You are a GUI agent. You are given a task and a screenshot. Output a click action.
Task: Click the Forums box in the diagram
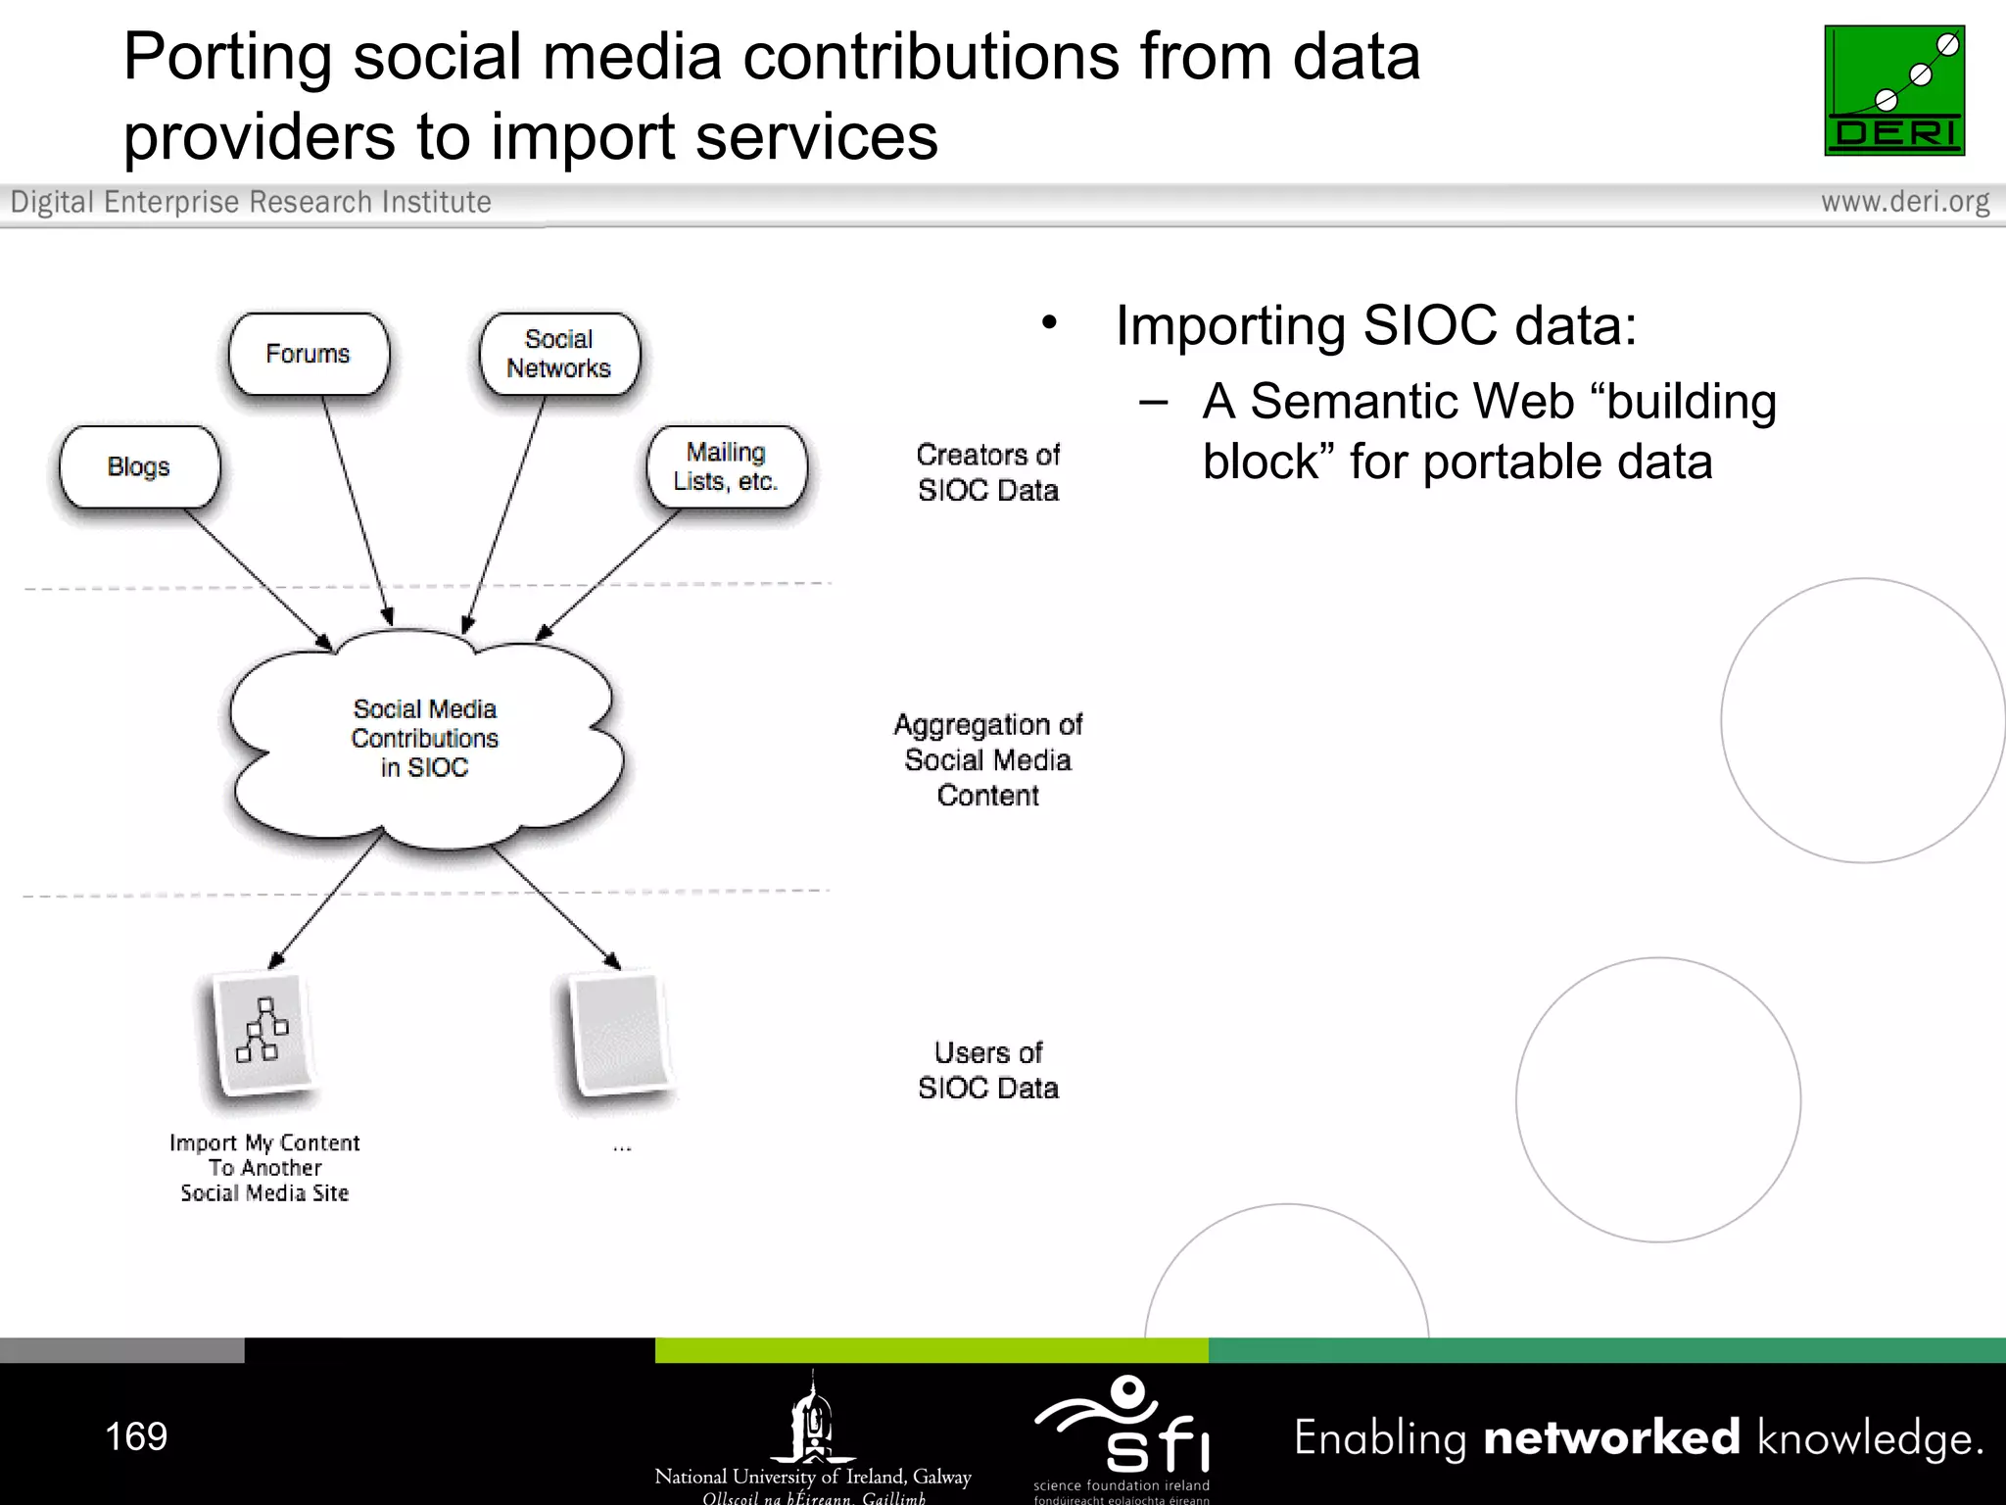point(309,354)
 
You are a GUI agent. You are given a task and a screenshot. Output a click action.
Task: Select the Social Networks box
point(559,354)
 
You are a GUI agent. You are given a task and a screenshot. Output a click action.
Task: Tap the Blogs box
point(139,466)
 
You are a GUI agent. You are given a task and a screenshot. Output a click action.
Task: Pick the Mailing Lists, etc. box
point(727,466)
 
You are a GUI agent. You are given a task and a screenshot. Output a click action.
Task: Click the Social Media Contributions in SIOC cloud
point(425,738)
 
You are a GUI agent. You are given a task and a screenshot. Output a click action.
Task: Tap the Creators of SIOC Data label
point(988,472)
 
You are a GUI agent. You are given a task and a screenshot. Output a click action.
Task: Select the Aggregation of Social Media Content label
point(988,759)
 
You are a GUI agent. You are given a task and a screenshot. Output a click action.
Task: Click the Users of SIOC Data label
point(988,1070)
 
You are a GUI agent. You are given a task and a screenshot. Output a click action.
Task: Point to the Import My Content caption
point(264,1168)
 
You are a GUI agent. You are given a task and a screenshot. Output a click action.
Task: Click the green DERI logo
point(1893,90)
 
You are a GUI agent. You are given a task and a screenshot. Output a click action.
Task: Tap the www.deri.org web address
point(1904,202)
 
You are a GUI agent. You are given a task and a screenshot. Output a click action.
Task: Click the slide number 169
point(136,1436)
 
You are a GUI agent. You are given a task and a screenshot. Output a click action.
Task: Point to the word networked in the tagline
point(1611,1437)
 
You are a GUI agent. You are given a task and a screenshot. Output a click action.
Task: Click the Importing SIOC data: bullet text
point(1375,325)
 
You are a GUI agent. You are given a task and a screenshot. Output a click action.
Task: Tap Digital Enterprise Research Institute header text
point(251,202)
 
